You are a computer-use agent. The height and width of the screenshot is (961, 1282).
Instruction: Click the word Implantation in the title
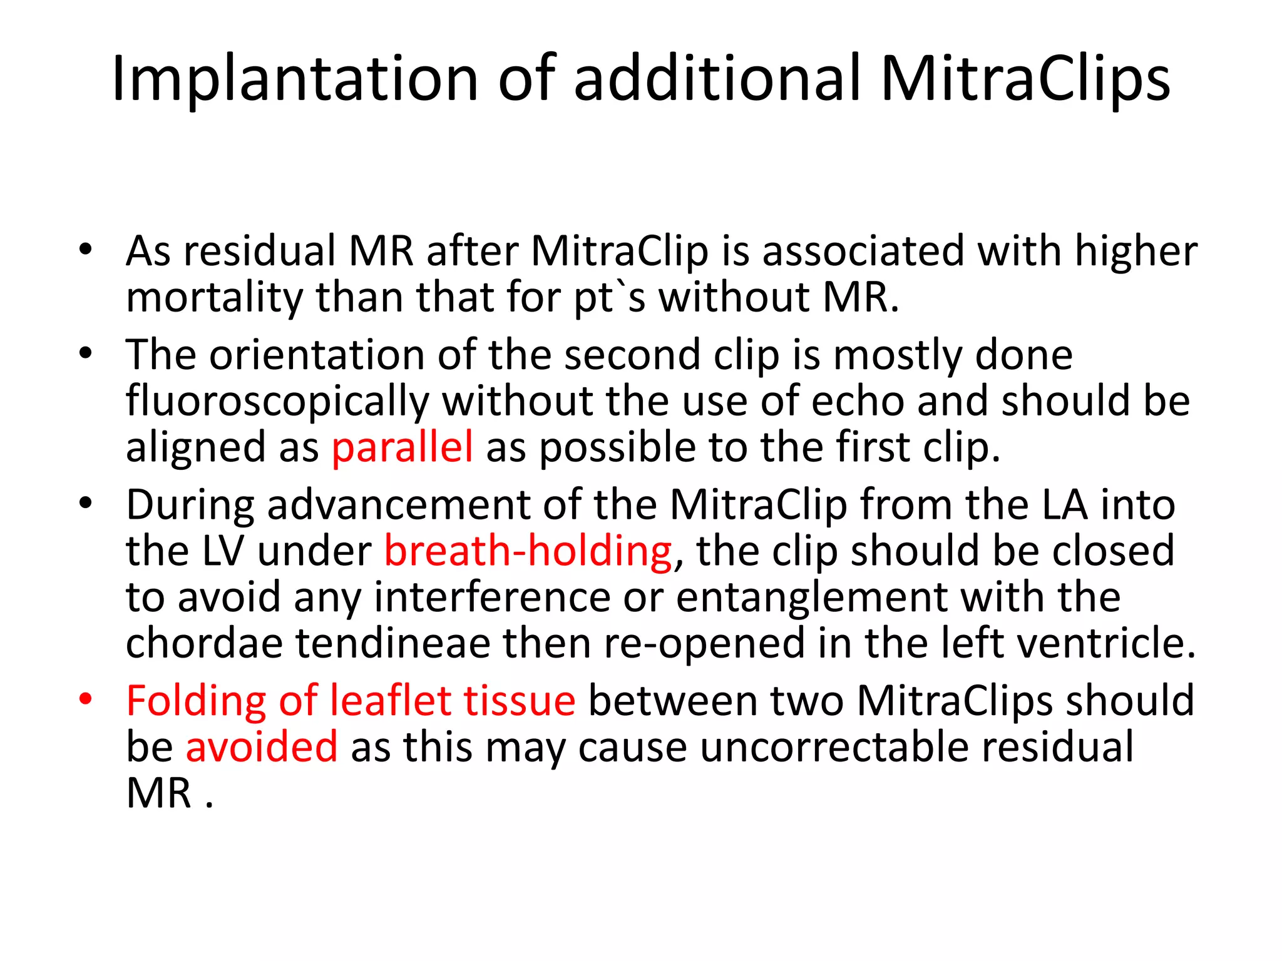(x=295, y=79)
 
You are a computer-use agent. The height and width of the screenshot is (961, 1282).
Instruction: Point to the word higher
(x=1136, y=252)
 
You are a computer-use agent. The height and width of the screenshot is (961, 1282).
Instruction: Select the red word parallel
(x=402, y=448)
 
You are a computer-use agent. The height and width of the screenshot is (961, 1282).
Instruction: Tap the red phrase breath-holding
(x=528, y=552)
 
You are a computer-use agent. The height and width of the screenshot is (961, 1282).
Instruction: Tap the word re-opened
(x=704, y=645)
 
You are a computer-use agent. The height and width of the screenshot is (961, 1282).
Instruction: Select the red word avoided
(x=262, y=747)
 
